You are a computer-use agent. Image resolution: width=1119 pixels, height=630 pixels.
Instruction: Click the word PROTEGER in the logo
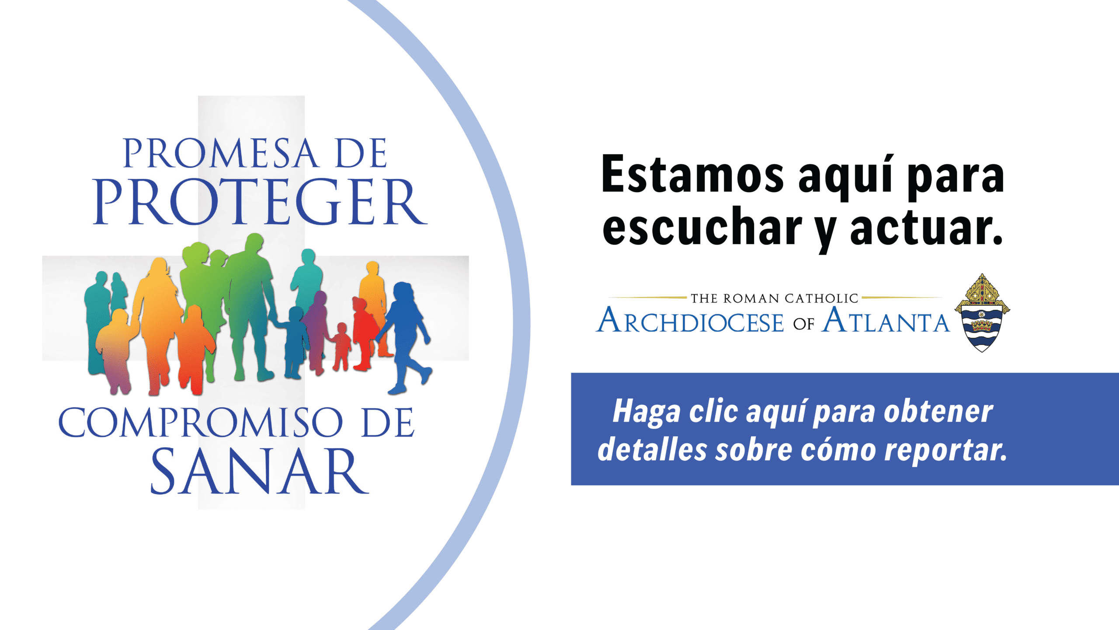click(260, 202)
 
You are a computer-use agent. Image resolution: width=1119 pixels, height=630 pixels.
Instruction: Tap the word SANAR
click(260, 472)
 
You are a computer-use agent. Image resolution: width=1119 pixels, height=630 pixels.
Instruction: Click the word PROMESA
click(221, 153)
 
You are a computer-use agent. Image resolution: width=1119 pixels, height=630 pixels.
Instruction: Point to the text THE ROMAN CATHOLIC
click(775, 298)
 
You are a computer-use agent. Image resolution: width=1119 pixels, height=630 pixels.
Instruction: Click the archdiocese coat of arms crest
click(982, 313)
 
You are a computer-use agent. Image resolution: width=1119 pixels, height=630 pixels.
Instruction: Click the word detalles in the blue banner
click(652, 449)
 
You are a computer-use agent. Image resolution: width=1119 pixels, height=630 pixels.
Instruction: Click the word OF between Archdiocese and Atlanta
click(803, 324)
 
